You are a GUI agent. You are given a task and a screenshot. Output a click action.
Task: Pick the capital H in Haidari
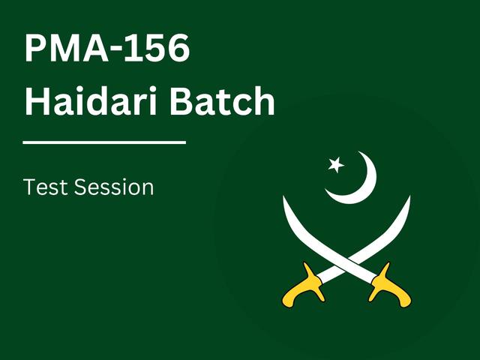[x=36, y=101]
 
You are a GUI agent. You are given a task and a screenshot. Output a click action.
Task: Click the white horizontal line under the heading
[x=104, y=141]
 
